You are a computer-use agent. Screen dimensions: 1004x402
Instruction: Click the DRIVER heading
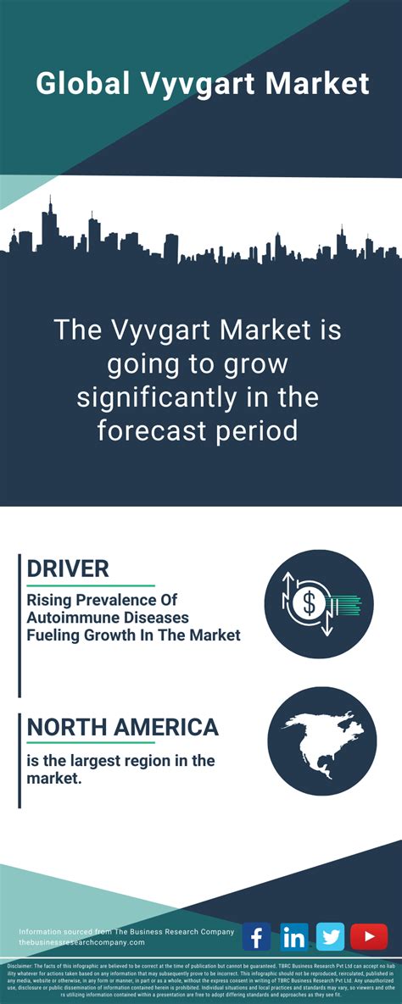[x=68, y=569]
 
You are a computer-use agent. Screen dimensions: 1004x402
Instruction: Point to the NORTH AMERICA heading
[x=123, y=727]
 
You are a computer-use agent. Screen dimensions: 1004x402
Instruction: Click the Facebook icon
[x=256, y=936]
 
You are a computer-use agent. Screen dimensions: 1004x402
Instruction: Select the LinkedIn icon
[x=293, y=936]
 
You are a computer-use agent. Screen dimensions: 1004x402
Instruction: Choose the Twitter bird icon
[x=331, y=936]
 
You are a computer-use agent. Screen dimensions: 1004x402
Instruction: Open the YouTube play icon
[x=369, y=936]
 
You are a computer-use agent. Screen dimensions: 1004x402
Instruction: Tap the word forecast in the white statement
[x=152, y=430]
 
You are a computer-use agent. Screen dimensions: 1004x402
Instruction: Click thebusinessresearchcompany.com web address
[x=81, y=942]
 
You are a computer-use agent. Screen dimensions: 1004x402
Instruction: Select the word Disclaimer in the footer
[x=21, y=966]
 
